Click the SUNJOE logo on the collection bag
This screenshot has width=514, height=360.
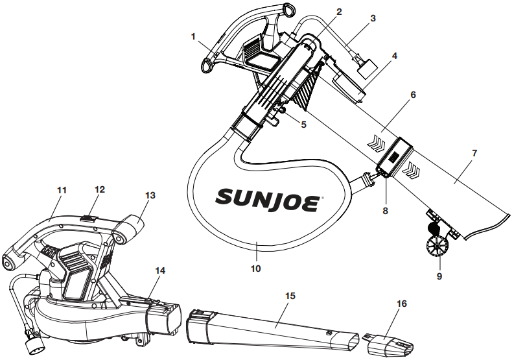[268, 200]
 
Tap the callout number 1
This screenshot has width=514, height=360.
[193, 36]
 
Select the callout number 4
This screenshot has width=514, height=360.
[395, 56]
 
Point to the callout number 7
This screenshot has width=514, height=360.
[474, 153]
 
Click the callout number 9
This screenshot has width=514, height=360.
[439, 276]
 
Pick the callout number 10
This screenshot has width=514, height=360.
[255, 269]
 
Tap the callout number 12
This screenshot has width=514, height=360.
[100, 189]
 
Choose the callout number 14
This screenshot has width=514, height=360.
[160, 270]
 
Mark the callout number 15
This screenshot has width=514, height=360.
[290, 296]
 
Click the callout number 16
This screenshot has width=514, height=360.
[402, 304]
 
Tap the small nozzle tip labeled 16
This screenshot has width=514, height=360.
[388, 344]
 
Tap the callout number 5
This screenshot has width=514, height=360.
[303, 125]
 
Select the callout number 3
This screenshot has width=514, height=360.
[373, 18]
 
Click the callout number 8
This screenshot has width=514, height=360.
[385, 210]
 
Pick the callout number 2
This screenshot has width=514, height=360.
[339, 12]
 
